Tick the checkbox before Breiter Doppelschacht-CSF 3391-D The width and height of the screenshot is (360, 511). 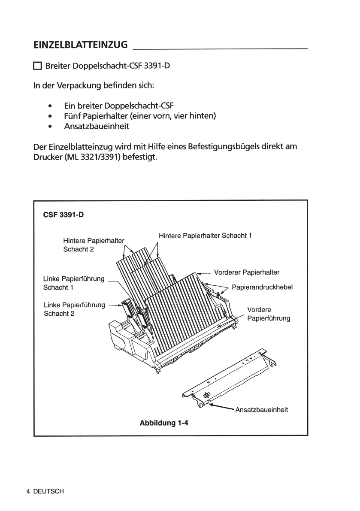tap(37, 67)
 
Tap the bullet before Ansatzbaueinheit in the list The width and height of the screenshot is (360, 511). tap(51, 127)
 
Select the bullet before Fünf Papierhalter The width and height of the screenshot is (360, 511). tap(51, 116)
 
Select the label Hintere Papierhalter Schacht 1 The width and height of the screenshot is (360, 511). tap(205, 236)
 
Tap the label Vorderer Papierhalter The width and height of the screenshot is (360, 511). tap(246, 272)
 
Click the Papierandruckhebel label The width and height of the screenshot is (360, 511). tap(262, 287)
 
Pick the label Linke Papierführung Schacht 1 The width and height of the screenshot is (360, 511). tap(74, 283)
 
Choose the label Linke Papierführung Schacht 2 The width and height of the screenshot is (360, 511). tap(74, 309)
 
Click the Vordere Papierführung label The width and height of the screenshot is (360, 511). tap(269, 314)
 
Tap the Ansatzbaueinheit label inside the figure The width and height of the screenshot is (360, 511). tap(261, 410)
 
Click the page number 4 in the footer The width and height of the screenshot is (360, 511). tap(28, 492)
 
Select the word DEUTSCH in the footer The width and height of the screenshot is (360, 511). tap(48, 492)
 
